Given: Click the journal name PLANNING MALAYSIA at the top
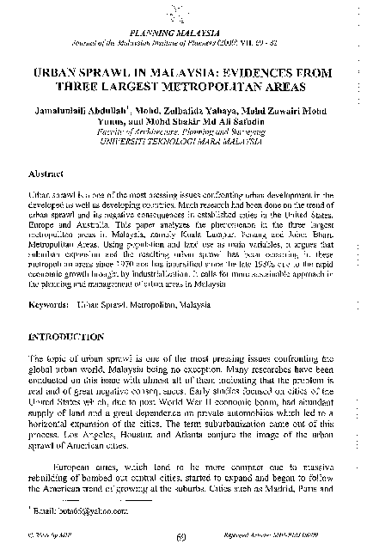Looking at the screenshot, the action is click(x=183, y=28).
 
